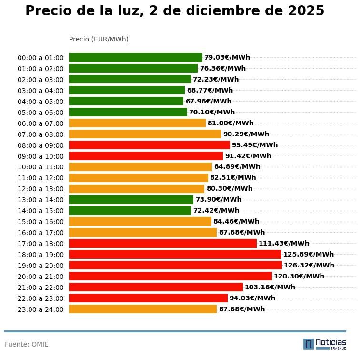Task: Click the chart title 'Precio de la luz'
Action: (174, 11)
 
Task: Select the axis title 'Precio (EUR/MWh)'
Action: (99, 39)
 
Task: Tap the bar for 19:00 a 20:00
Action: (175, 265)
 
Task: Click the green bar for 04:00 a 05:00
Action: (126, 101)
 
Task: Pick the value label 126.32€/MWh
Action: (309, 265)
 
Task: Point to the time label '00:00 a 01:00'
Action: (40, 58)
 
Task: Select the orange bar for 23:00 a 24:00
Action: (143, 309)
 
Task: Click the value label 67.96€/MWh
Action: (208, 101)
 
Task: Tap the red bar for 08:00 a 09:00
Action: (150, 145)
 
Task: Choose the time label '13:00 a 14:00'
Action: (40, 200)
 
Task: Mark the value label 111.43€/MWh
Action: (283, 243)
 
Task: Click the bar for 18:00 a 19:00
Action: (175, 254)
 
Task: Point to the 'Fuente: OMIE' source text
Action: (27, 344)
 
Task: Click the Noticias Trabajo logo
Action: (325, 344)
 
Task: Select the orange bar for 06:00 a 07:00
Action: (137, 123)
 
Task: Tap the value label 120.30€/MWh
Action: (299, 276)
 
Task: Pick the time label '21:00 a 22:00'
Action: (40, 288)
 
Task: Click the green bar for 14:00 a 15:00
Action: (130, 210)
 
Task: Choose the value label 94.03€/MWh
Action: (252, 298)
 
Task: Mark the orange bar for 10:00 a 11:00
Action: (140, 167)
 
